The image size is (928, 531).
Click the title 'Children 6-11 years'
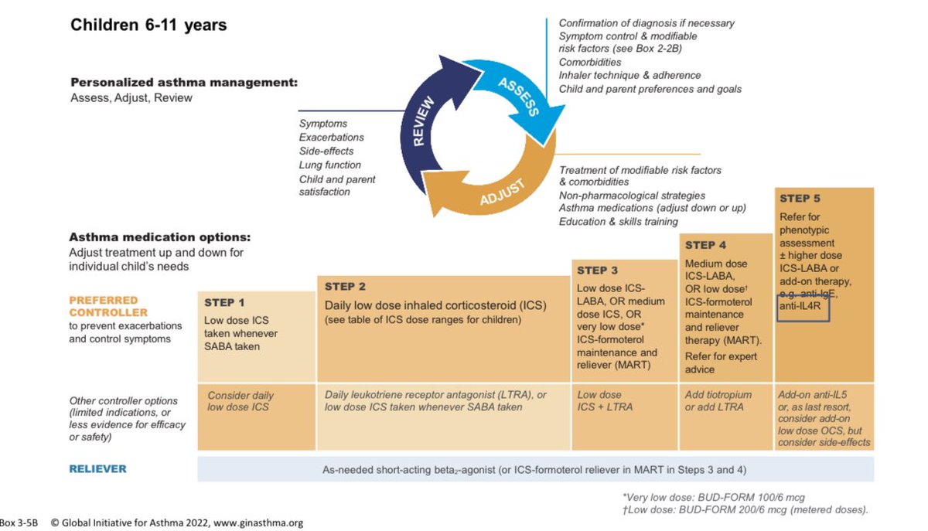(x=148, y=26)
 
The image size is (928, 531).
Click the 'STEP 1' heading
(x=224, y=303)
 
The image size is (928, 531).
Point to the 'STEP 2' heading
(x=345, y=287)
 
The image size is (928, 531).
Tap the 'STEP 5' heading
(x=806, y=199)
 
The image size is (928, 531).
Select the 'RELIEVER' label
(x=98, y=468)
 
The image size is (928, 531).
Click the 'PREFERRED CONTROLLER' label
(x=108, y=306)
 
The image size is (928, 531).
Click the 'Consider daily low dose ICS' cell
(x=241, y=400)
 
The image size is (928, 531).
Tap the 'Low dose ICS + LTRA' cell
(x=606, y=400)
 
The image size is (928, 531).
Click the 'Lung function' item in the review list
(x=330, y=165)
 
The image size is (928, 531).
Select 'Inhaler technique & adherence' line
(x=629, y=75)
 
